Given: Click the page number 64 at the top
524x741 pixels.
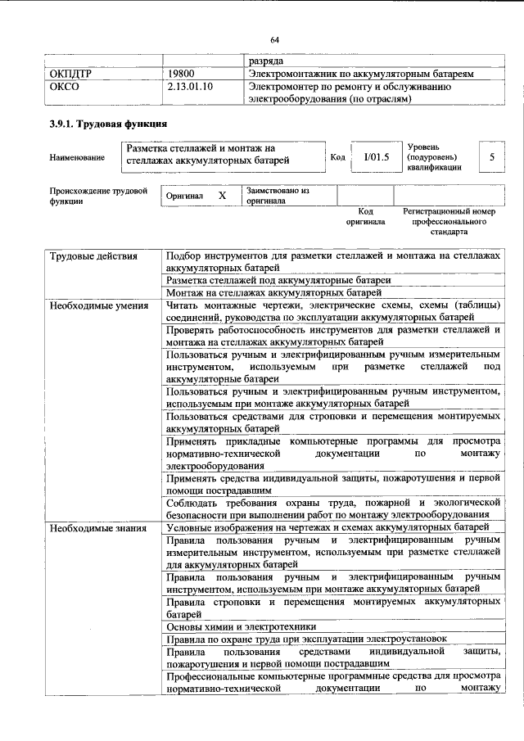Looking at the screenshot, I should point(274,38).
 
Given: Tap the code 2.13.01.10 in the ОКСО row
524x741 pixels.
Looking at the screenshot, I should point(189,86).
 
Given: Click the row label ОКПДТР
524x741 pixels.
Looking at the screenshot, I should point(71,74).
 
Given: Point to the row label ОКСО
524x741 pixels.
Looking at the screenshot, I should point(65,86).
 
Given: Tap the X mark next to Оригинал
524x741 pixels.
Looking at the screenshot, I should point(221,197).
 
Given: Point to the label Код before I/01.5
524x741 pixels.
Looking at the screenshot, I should point(337,156).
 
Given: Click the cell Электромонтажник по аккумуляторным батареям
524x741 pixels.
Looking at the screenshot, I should point(361,74).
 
